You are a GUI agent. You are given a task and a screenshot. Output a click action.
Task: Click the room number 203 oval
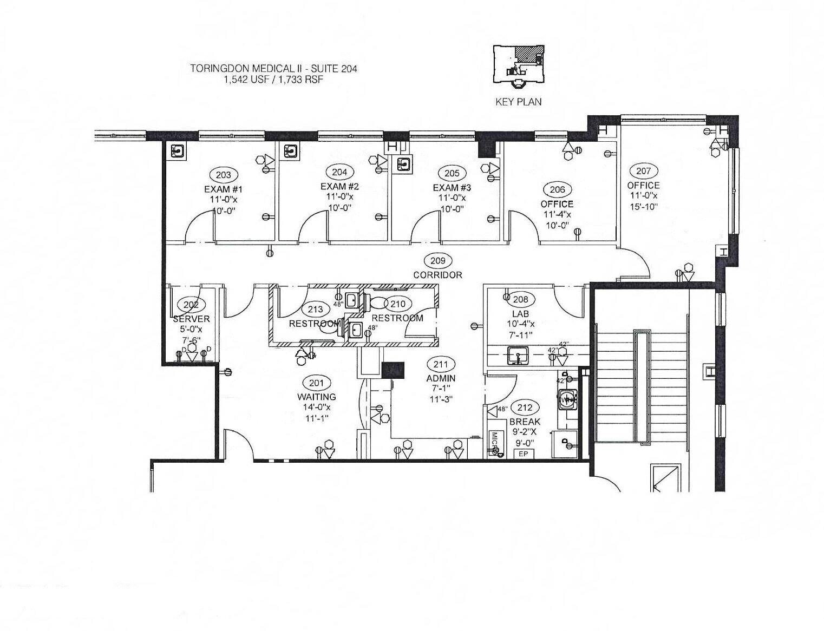click(x=223, y=175)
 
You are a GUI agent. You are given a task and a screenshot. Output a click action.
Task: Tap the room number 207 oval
click(x=643, y=171)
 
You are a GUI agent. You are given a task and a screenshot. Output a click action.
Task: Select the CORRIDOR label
click(x=437, y=275)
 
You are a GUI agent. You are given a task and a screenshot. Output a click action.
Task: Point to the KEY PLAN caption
click(x=518, y=102)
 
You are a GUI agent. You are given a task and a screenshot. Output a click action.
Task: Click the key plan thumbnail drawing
click(x=518, y=65)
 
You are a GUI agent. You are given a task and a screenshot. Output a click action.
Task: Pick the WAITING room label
click(x=316, y=397)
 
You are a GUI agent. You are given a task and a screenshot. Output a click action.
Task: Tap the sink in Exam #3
click(x=403, y=163)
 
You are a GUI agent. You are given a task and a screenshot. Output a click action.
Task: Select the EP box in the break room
click(x=523, y=454)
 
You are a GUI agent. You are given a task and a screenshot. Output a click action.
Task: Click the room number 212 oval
click(x=525, y=408)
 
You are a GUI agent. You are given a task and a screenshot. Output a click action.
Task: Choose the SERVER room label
click(x=191, y=319)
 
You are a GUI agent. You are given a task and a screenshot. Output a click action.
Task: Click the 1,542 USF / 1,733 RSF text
click(x=273, y=79)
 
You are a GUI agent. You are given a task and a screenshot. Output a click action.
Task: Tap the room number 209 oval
click(x=437, y=261)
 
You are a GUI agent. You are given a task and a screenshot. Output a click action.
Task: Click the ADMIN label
click(x=441, y=378)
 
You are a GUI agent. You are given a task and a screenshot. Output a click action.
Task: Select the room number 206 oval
click(x=557, y=189)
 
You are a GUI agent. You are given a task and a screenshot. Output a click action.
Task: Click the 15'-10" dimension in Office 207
click(x=643, y=206)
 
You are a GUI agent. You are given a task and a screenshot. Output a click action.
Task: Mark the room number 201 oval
click(x=316, y=383)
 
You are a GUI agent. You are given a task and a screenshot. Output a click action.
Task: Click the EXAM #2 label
click(x=339, y=187)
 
